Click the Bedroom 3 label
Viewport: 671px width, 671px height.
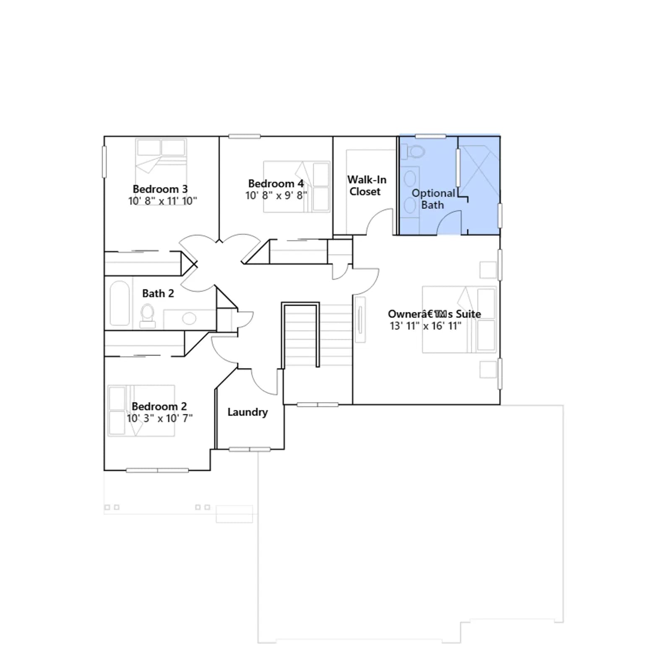pos(160,189)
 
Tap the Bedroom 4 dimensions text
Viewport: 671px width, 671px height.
pos(276,195)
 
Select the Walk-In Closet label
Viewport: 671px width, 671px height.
pos(367,185)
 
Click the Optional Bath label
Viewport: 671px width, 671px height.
pos(433,199)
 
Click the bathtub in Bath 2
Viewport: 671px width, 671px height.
pos(120,303)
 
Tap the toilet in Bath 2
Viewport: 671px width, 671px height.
pos(147,316)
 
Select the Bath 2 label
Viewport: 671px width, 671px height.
pos(158,293)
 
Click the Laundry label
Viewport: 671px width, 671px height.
pos(247,412)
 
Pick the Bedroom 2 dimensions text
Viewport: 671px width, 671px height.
pos(160,418)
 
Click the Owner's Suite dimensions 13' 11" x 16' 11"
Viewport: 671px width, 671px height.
pos(425,326)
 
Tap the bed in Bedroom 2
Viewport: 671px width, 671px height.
pos(141,411)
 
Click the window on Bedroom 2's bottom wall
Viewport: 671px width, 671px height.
pos(157,471)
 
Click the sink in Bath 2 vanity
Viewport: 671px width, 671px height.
pos(189,319)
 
